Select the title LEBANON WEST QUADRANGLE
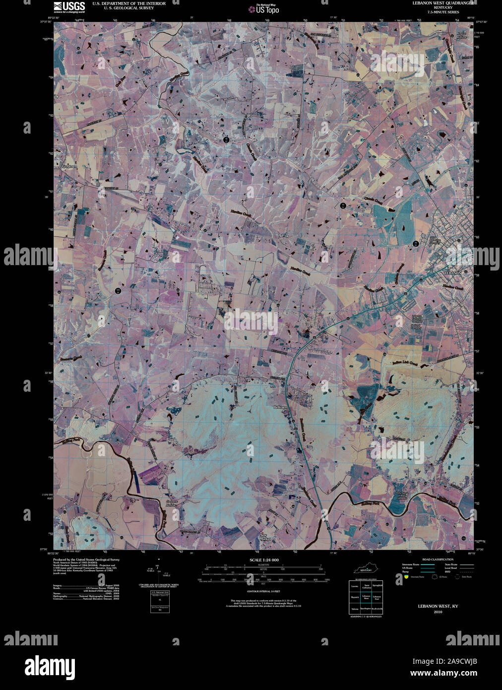click(443, 3)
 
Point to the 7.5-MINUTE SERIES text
click(443, 12)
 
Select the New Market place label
click(266, 536)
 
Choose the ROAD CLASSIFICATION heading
click(434, 559)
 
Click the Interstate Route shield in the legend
click(406, 577)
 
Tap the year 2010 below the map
click(438, 612)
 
